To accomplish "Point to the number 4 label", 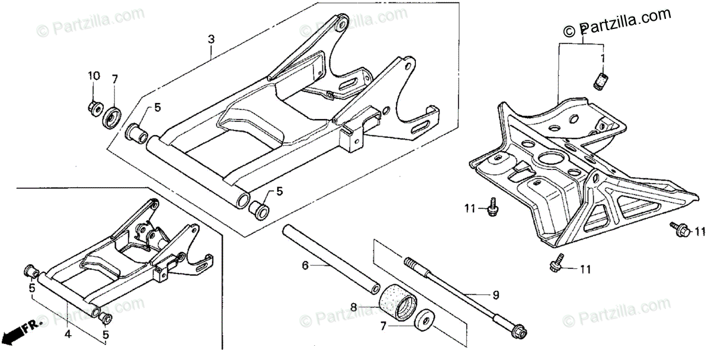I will [68, 335].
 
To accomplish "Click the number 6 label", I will [305, 266].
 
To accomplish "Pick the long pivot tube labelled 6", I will [329, 258].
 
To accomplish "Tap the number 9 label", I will [496, 295].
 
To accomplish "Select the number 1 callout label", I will [603, 59].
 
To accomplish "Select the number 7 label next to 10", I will [115, 78].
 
